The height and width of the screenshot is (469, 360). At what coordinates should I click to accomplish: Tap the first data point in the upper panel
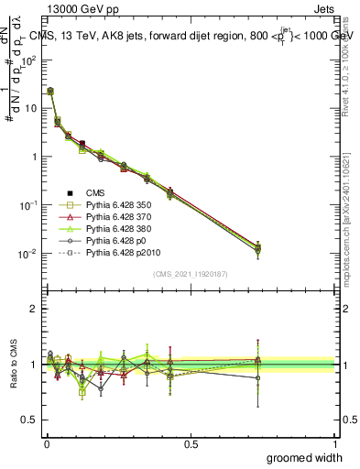click(x=50, y=91)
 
